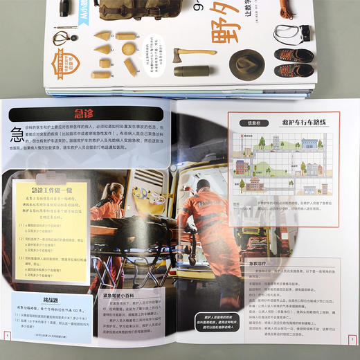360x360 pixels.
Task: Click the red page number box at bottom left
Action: [6, 336]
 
